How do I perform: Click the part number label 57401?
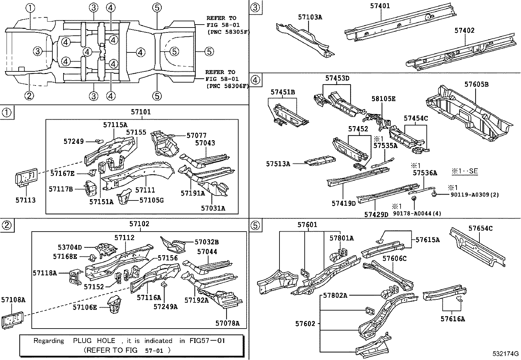click(380, 6)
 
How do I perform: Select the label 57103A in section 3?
click(310, 17)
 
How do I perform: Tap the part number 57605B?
click(476, 85)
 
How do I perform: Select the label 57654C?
click(480, 228)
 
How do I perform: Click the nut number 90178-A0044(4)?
click(417, 213)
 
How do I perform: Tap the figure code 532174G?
click(506, 354)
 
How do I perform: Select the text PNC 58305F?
click(228, 32)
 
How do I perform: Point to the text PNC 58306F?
click(227, 86)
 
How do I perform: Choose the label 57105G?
click(152, 200)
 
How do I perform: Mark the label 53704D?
click(70, 248)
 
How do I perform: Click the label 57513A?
click(278, 163)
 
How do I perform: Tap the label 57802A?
click(335, 295)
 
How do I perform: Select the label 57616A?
click(453, 319)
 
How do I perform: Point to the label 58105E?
click(383, 99)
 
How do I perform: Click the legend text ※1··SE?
click(465, 171)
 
